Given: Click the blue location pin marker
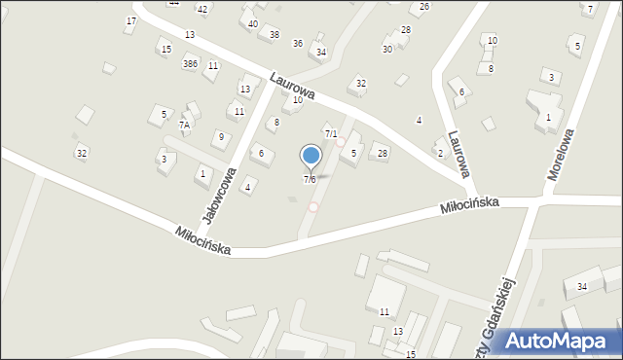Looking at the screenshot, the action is tap(311, 156).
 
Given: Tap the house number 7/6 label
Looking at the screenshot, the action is tap(310, 179).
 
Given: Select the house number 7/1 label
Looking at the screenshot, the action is tap(331, 133).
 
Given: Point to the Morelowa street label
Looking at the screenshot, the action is tap(562, 154).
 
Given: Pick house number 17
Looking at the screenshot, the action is tap(131, 20).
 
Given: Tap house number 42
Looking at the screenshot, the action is tap(202, 9).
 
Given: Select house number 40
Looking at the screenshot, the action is tap(253, 23).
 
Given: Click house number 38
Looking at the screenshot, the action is tap(275, 34).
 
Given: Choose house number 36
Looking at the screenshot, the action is tap(298, 43).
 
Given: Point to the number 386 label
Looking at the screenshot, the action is tap(191, 63).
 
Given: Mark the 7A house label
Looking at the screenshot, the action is tap(184, 125).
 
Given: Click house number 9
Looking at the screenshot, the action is tap(221, 136).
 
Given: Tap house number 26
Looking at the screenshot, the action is tap(424, 6).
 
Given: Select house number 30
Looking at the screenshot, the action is tap(387, 49).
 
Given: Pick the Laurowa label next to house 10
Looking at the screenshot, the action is tap(294, 87).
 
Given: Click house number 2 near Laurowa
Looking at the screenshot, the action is tap(440, 153).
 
